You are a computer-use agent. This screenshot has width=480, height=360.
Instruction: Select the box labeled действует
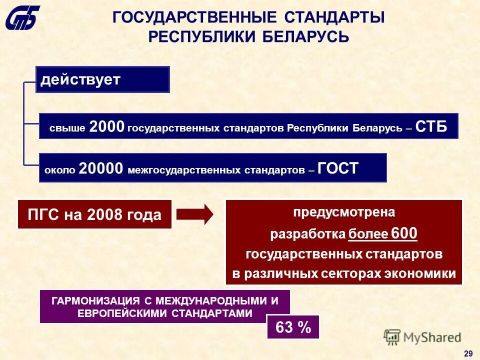pos(102,79)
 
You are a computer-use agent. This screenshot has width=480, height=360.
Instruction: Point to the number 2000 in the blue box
pos(106,127)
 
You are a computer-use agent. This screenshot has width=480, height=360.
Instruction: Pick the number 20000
pos(100,168)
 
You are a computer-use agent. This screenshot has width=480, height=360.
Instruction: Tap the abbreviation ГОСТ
pos(338,168)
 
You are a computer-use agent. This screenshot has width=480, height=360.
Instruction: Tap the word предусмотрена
pos(344,212)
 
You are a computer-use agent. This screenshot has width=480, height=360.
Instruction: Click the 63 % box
pos(293,327)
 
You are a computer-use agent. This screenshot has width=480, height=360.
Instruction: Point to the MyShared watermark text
pos(432,337)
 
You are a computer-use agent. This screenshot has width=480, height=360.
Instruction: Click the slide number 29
pos(468,353)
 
